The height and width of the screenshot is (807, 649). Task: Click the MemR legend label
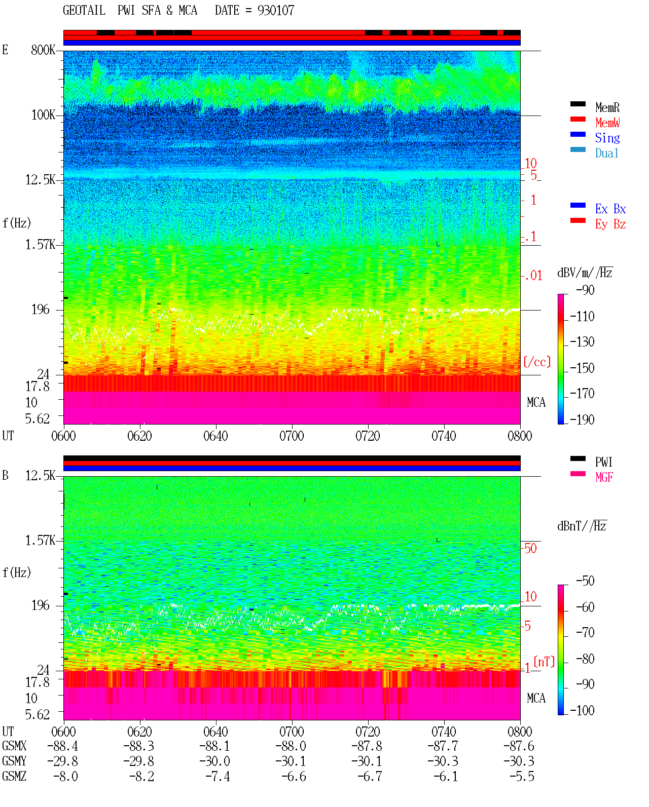coord(607,107)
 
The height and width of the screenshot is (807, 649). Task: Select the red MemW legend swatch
coord(578,119)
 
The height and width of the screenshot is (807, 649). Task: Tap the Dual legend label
coord(606,153)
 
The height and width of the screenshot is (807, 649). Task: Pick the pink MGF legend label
coord(604,477)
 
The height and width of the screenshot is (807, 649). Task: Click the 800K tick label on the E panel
coord(43,50)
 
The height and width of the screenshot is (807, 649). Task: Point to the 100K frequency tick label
coord(43,115)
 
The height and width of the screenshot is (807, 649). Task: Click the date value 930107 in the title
coord(275,11)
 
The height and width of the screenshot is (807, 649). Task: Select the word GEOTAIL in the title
coord(84,11)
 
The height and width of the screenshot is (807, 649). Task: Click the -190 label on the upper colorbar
coord(582,419)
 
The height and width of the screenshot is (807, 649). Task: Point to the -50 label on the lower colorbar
coord(585,581)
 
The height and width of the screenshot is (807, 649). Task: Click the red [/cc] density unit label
coord(537,362)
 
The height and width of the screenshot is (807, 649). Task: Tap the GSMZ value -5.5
coord(521,776)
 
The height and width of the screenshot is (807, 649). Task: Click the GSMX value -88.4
coord(62,746)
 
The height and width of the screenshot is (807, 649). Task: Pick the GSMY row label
coord(14,761)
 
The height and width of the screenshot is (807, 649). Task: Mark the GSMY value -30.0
coord(214,761)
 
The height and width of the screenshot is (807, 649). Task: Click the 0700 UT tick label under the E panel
coord(292,436)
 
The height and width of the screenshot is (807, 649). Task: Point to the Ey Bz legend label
coord(610,224)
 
